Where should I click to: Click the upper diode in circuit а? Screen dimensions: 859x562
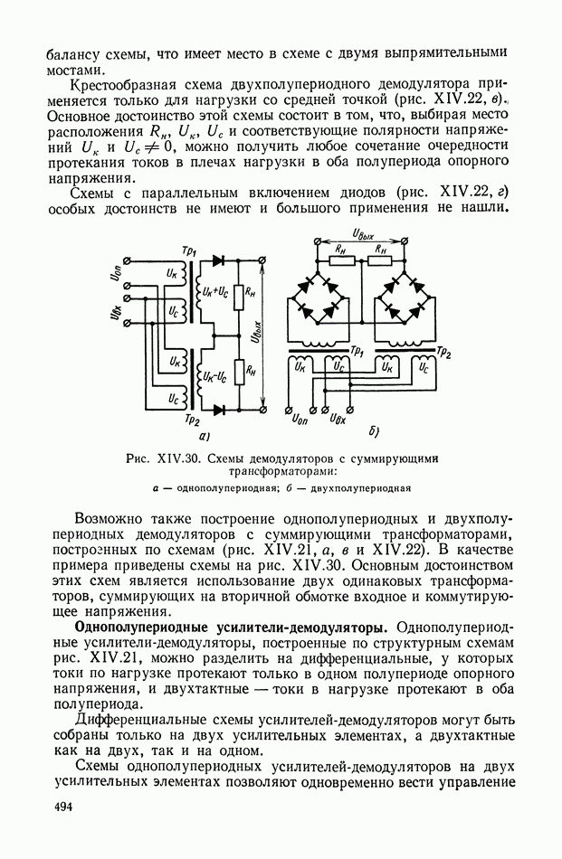click(217, 261)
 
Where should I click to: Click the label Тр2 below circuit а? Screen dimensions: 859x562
click(191, 420)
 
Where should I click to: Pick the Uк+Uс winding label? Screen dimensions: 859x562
click(216, 292)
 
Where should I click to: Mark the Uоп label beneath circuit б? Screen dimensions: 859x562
click(300, 418)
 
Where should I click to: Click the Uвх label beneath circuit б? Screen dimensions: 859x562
click(338, 418)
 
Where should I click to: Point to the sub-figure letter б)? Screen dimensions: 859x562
click(374, 430)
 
